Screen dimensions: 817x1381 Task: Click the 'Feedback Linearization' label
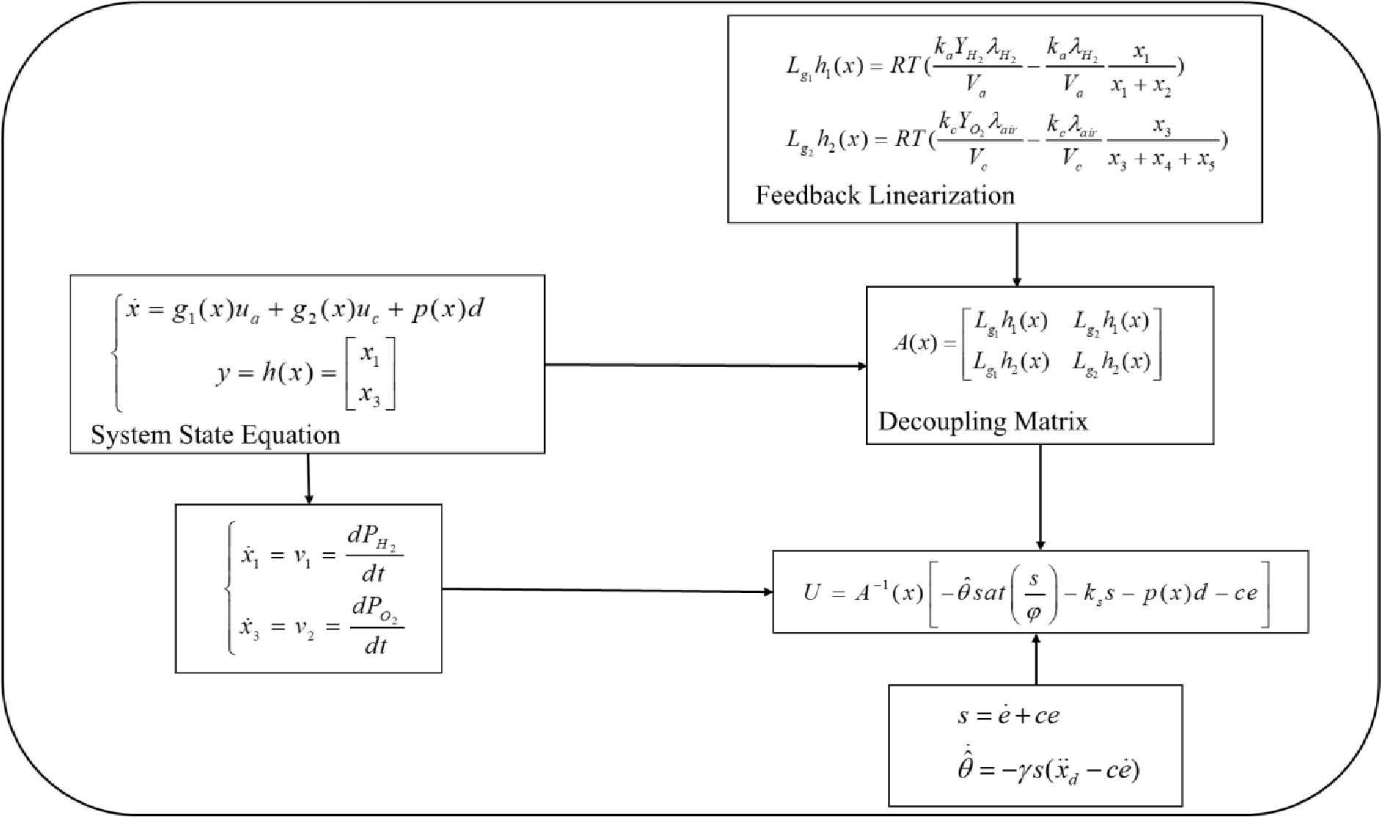point(885,195)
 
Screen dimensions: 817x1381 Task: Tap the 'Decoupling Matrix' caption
point(983,421)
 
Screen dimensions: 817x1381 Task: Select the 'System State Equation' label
point(215,435)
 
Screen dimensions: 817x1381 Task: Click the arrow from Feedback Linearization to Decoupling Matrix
point(1016,254)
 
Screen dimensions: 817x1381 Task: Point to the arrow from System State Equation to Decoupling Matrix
point(704,365)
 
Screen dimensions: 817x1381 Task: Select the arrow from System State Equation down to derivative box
point(307,478)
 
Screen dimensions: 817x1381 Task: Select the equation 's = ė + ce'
point(1008,715)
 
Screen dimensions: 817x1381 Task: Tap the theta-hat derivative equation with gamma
point(1048,769)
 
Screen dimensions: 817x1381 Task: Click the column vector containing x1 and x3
point(370,374)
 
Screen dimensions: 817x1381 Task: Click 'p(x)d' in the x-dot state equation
point(447,309)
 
